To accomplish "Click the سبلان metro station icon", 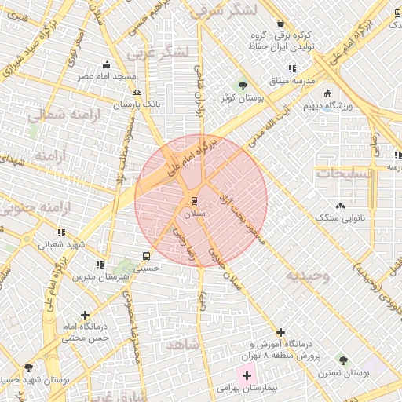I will pyautogui.click(x=194, y=199).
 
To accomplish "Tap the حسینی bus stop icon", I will pyautogui.click(x=147, y=256).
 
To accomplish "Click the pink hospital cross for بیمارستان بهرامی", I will pyautogui.click(x=247, y=376).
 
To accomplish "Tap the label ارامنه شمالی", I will pyautogui.click(x=57, y=117).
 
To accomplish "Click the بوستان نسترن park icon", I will pyautogui.click(x=342, y=360).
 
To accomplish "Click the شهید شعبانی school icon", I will pyautogui.click(x=61, y=232).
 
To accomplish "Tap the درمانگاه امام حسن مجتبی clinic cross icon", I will pyautogui.click(x=85, y=315).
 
